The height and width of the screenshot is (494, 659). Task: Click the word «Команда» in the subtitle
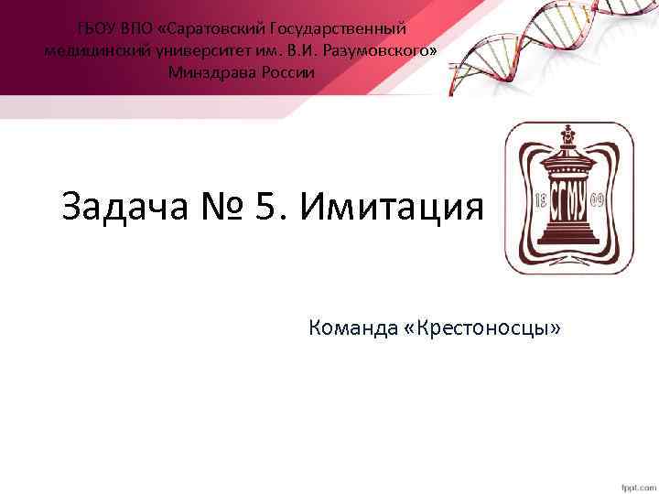pyautogui.click(x=351, y=327)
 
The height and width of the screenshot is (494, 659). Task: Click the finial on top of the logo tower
pyautogui.click(x=570, y=134)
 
